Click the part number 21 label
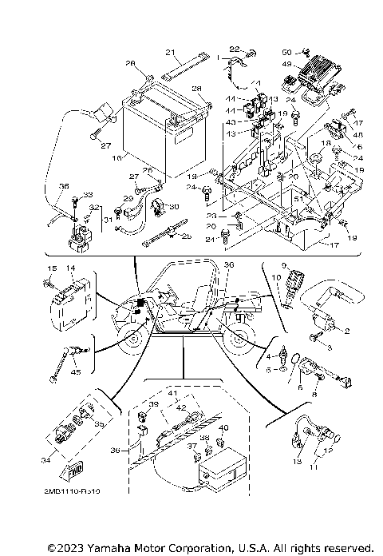click(x=169, y=53)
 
